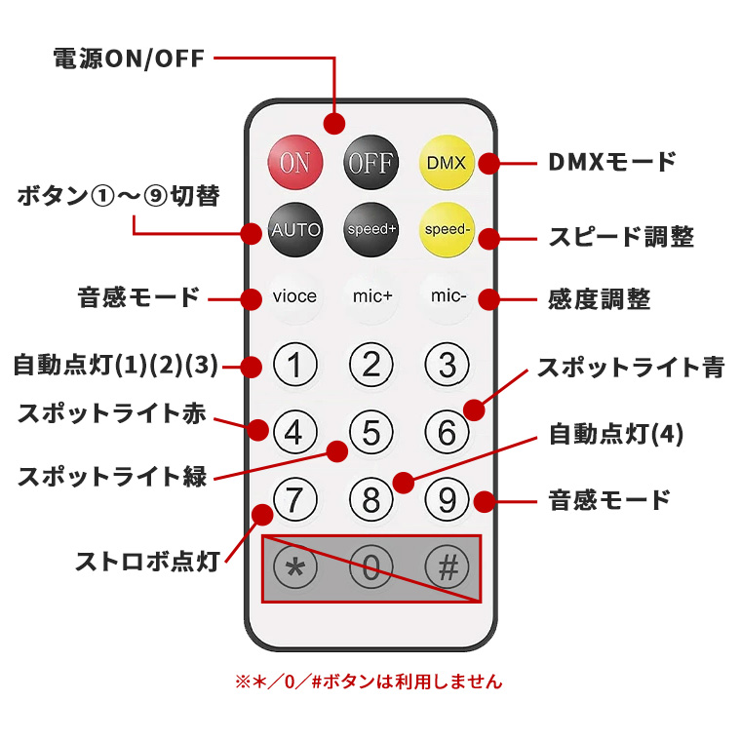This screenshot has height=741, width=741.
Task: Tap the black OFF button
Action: click(x=370, y=163)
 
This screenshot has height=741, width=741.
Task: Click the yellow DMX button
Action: click(x=447, y=163)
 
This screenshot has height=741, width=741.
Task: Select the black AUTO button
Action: click(x=294, y=230)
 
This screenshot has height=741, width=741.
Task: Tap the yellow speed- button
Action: click(x=447, y=230)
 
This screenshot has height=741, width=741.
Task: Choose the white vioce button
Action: click(x=294, y=295)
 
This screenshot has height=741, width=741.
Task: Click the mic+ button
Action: click(x=370, y=295)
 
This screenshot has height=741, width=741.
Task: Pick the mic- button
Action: click(x=447, y=295)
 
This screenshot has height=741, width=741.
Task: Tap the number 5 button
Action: click(x=370, y=432)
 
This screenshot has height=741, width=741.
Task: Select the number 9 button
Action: click(x=447, y=499)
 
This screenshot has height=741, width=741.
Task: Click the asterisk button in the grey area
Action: click(x=294, y=567)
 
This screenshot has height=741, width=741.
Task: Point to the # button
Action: click(x=447, y=567)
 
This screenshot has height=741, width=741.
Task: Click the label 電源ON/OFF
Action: click(x=129, y=58)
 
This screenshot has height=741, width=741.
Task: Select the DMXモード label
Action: click(x=612, y=162)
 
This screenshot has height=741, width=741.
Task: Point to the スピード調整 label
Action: click(x=620, y=237)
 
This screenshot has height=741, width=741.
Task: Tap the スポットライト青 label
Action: click(x=631, y=368)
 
